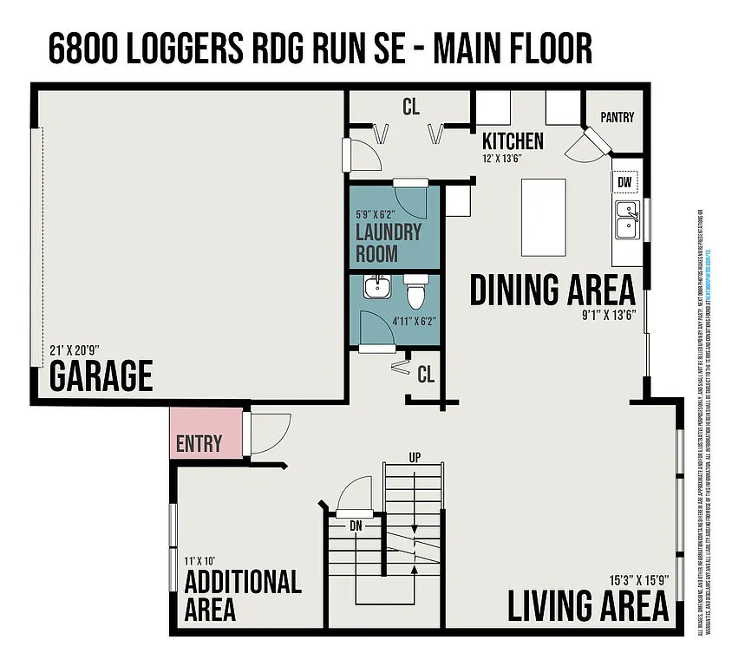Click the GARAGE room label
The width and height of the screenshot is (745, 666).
click(101, 376)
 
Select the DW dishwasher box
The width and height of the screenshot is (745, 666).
click(624, 182)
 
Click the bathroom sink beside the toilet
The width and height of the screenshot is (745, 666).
click(377, 286)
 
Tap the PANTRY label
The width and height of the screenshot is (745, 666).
click(617, 118)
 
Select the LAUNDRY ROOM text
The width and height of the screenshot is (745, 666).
click(388, 243)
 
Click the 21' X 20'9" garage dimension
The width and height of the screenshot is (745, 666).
click(75, 349)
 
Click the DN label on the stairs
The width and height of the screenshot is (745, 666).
click(356, 525)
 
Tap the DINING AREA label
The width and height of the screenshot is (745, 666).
click(552, 291)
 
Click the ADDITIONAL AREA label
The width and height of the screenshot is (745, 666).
click(242, 594)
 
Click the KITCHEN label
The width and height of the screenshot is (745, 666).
click(513, 140)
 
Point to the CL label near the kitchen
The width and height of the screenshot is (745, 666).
click(410, 108)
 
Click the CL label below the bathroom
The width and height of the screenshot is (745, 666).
click(426, 375)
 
